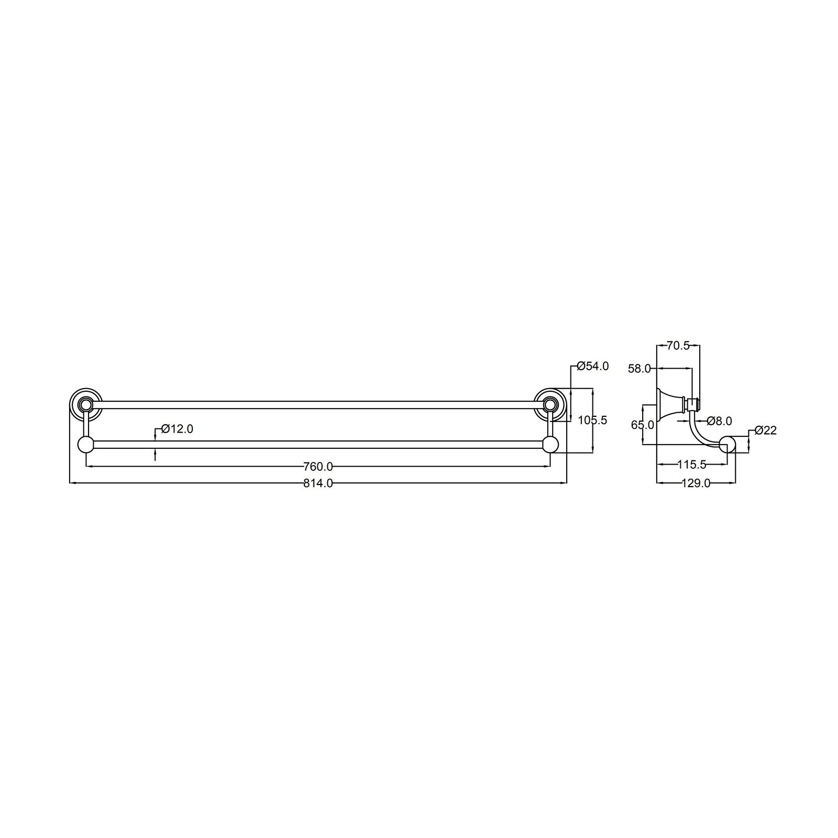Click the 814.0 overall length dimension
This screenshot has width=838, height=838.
(x=318, y=483)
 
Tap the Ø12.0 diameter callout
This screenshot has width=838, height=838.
(x=177, y=429)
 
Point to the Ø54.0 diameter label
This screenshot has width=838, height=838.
(x=592, y=366)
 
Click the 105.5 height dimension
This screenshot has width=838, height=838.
(x=592, y=420)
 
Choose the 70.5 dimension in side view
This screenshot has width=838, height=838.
(x=678, y=345)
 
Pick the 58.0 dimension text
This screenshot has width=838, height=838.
(x=639, y=369)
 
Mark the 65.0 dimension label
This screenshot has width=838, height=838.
(x=643, y=425)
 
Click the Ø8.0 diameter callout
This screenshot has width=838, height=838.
(x=719, y=421)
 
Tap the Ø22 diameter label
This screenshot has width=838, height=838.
(x=765, y=431)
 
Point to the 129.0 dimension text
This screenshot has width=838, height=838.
(x=696, y=483)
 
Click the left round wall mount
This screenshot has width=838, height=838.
(x=85, y=404)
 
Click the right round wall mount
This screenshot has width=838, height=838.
(x=550, y=404)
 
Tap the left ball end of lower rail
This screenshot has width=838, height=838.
(x=85, y=445)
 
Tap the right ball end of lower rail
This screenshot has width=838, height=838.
(x=550, y=445)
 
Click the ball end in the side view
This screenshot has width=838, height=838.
(x=727, y=445)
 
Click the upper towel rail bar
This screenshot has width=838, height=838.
(x=318, y=404)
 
